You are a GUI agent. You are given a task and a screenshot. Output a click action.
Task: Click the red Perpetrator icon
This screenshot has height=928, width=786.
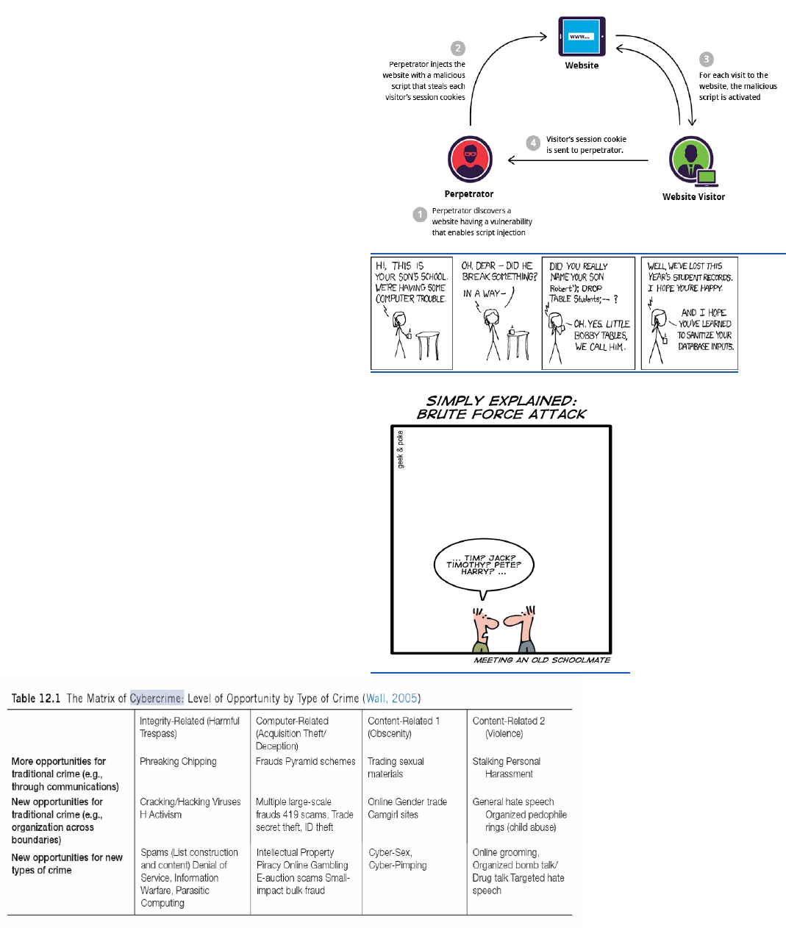470,159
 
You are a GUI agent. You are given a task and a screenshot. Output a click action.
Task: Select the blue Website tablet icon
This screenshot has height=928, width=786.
582,36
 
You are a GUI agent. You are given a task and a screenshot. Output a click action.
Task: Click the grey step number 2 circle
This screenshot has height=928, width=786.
458,48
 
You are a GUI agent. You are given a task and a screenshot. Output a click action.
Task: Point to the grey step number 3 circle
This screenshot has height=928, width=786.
707,59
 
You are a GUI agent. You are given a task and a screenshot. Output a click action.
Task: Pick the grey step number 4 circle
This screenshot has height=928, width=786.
533,143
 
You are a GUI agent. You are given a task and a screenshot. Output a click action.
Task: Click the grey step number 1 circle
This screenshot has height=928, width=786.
420,214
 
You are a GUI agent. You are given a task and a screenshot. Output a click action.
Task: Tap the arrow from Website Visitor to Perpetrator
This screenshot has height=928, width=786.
578,160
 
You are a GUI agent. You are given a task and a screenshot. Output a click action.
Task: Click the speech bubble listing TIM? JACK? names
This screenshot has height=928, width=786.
484,565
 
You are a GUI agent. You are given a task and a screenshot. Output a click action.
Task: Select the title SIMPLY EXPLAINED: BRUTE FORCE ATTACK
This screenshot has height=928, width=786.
501,407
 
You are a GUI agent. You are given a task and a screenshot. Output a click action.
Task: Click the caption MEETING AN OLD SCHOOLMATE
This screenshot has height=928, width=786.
542,660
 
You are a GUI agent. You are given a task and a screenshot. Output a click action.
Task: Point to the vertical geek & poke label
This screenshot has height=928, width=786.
400,449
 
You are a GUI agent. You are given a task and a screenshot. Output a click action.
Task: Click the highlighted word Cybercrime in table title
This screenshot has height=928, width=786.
157,698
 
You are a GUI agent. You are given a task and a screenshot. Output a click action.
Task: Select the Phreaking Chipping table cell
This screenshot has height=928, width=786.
178,762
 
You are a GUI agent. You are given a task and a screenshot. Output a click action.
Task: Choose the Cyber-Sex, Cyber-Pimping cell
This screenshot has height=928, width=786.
398,859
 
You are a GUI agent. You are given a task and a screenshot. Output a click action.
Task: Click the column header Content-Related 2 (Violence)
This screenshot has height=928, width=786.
508,727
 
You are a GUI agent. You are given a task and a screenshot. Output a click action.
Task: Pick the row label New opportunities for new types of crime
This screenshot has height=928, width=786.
66,863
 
